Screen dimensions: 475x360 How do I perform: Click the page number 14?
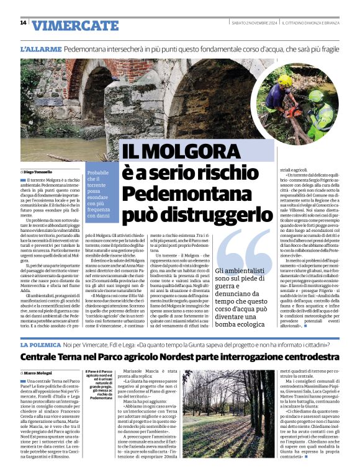[x=23, y=23]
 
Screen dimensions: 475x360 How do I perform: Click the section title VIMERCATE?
[x=75, y=25]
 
